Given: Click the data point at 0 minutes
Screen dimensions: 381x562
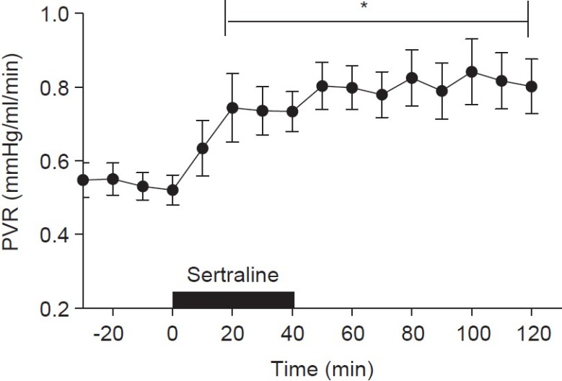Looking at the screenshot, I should point(172,190).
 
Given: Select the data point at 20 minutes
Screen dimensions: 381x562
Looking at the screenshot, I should point(232,108).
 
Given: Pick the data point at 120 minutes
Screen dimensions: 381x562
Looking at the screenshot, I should point(532,86).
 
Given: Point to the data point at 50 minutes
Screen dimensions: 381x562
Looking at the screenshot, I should point(322,86).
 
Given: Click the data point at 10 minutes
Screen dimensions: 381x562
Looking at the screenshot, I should point(203,149).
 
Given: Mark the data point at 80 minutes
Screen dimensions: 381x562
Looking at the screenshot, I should point(412,78).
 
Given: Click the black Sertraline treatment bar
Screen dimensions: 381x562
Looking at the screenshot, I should point(233,299).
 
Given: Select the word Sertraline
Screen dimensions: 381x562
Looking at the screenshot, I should point(232,276).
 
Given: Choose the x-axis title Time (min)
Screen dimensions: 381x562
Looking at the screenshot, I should point(322,369).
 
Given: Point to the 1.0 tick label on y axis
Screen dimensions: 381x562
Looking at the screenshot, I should point(56,14).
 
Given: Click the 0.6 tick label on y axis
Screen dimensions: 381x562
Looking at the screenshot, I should point(56,161).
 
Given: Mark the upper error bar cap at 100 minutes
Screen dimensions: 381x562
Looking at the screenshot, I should point(472,39).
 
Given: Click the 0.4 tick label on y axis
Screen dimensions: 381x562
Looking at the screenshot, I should point(56,235).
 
